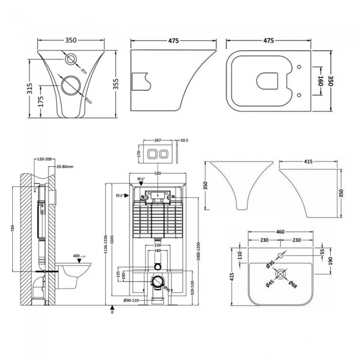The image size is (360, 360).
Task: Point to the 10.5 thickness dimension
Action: (x=184, y=140)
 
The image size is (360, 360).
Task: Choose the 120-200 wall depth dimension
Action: (x=45, y=159)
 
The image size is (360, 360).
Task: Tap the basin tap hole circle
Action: (x=280, y=256)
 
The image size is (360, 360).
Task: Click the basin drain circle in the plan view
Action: (x=280, y=275)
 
